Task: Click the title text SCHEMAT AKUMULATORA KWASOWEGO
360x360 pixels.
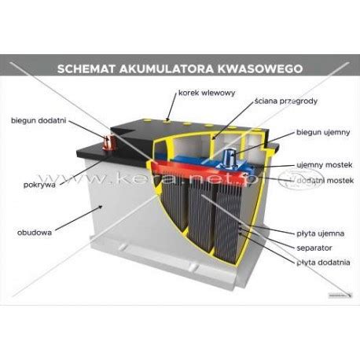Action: click(180, 68)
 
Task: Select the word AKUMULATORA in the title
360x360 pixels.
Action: click(178, 68)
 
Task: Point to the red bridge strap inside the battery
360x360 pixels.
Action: click(169, 170)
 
